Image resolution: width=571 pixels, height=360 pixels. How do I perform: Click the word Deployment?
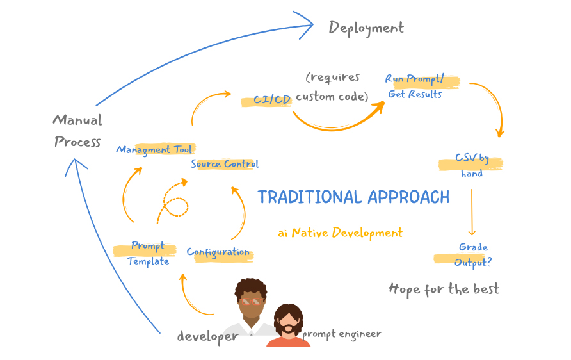click(366, 28)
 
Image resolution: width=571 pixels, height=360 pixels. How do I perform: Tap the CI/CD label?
click(272, 100)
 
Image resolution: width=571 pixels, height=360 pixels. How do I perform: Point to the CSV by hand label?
click(472, 165)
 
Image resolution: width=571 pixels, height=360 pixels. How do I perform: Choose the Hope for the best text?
click(444, 289)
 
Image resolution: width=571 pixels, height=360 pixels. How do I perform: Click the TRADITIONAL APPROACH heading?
click(353, 197)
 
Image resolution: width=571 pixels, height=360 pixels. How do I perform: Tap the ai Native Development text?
click(341, 233)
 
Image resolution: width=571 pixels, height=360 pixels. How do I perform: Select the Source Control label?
click(225, 164)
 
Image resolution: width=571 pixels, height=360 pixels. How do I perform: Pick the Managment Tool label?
click(154, 150)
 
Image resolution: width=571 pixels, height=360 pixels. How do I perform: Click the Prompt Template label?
click(148, 254)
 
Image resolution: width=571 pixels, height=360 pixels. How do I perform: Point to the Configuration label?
click(218, 252)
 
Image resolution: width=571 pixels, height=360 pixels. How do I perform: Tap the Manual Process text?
click(77, 131)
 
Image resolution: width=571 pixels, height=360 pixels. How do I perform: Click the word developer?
click(207, 336)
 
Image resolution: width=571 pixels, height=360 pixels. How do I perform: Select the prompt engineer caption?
click(342, 334)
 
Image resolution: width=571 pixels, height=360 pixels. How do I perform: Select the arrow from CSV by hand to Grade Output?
click(472, 211)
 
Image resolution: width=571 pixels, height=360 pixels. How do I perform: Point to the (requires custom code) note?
click(332, 87)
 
